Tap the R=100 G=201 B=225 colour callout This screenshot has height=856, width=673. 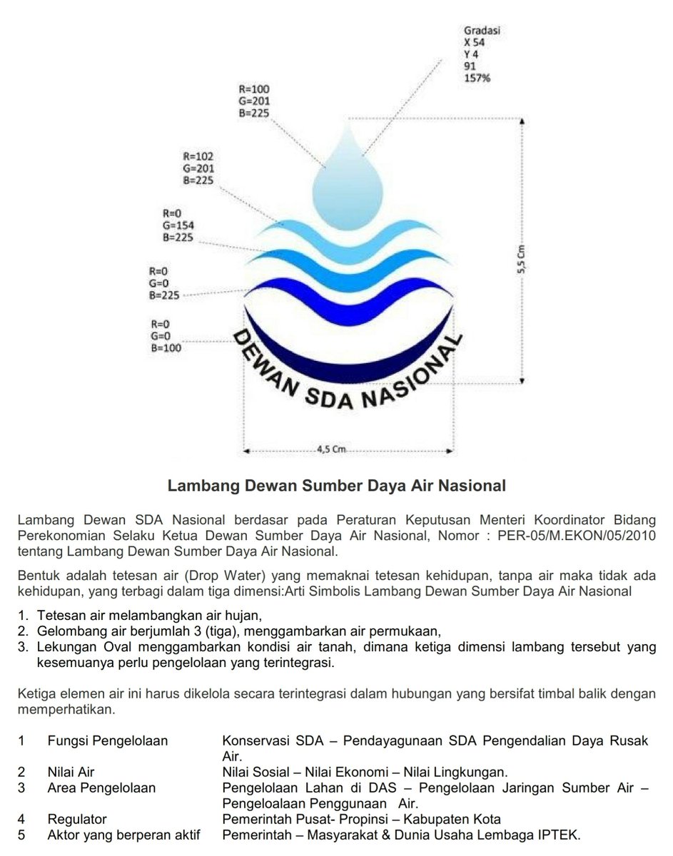254,101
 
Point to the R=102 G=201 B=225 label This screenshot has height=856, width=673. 198,168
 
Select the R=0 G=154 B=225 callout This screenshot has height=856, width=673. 178,225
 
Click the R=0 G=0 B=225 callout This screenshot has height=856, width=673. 163,282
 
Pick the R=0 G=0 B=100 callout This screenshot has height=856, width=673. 165,336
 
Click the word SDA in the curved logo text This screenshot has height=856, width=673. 330,400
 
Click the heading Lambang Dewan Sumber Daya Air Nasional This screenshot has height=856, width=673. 336,486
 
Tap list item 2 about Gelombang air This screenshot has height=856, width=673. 239,631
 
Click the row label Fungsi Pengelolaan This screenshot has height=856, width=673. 108,741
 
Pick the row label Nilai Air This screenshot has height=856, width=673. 71,773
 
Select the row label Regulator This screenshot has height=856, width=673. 77,820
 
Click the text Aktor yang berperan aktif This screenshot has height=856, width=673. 123,835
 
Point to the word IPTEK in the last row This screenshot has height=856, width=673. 562,835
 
